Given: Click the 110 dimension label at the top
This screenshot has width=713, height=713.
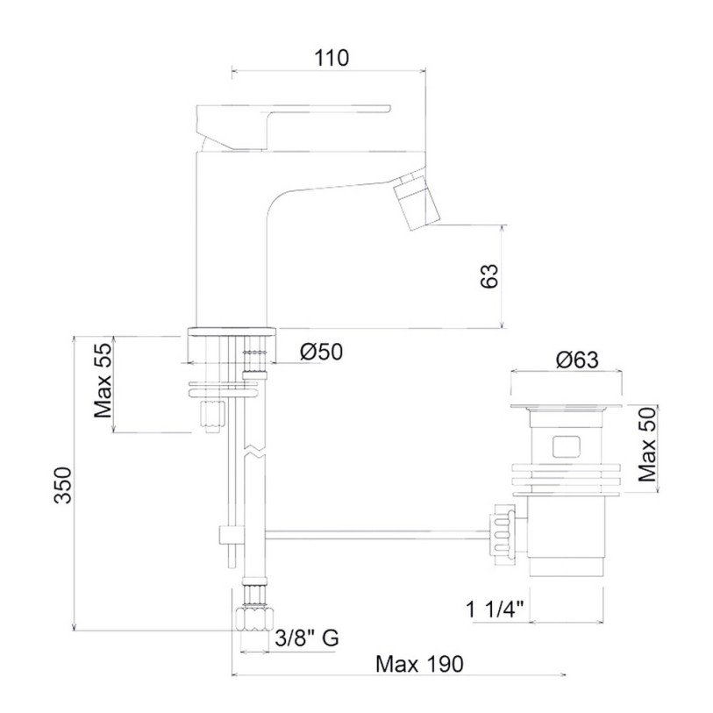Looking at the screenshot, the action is pyautogui.click(x=332, y=58).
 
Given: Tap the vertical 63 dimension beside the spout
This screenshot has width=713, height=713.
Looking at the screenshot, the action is pyautogui.click(x=489, y=275).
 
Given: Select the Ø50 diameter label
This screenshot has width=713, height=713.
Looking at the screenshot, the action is pyautogui.click(x=321, y=352).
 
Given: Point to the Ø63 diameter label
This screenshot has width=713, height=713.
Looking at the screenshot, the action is pyautogui.click(x=577, y=360).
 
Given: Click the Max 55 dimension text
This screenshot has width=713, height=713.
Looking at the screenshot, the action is pyautogui.click(x=103, y=381).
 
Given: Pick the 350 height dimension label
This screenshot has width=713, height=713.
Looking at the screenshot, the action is pyautogui.click(x=63, y=485).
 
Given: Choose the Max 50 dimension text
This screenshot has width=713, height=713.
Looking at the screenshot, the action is pyautogui.click(x=647, y=445).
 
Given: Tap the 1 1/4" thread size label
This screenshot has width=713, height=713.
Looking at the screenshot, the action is pyautogui.click(x=496, y=610).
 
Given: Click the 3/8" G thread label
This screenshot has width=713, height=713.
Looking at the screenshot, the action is pyautogui.click(x=307, y=638).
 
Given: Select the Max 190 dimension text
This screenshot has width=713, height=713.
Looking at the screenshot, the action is pyautogui.click(x=419, y=664).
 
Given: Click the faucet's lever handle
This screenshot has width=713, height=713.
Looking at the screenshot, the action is pyautogui.click(x=293, y=127).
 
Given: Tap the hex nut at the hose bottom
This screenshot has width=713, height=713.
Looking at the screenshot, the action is pyautogui.click(x=255, y=617).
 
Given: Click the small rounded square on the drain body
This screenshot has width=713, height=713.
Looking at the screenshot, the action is pyautogui.click(x=567, y=446).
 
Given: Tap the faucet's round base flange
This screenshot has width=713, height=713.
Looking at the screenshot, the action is pyautogui.click(x=232, y=332).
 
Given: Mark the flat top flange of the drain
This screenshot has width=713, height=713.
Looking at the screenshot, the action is pyautogui.click(x=567, y=406).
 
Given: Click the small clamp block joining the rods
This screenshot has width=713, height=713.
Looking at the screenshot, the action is pyautogui.click(x=232, y=535).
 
